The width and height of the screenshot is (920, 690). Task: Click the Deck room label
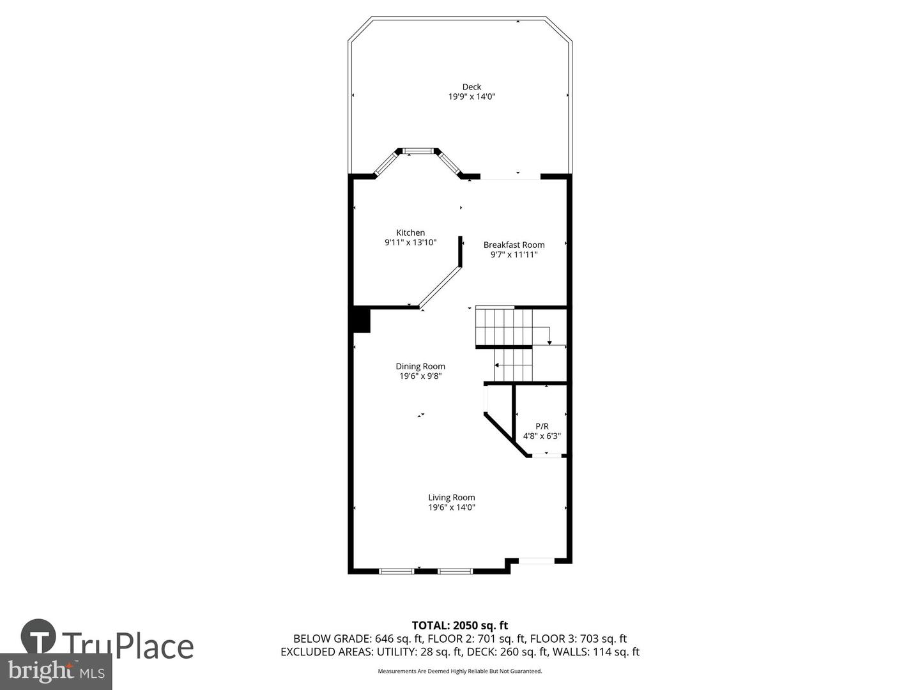coord(471,87)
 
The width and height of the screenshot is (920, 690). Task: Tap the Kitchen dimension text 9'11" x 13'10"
coord(410,243)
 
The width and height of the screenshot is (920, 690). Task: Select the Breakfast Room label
coord(514,245)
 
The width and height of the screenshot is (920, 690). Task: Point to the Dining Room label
coord(420,367)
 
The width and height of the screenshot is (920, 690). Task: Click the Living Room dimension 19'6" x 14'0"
coord(452,508)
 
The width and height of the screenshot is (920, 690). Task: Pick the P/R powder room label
coord(542,426)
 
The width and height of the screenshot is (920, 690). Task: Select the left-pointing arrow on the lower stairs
coord(498,365)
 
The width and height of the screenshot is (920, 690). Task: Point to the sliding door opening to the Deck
coord(510,177)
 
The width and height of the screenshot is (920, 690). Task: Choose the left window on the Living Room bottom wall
coord(397,571)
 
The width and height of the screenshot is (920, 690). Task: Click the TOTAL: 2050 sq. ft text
coord(459,625)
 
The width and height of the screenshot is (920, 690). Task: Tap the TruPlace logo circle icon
coord(38,636)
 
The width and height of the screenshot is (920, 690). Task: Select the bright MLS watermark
coord(56,671)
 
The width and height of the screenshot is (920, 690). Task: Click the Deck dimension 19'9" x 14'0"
coord(471,97)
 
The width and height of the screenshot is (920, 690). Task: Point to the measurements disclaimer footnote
coord(459,671)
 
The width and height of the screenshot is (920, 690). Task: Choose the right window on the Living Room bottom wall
coord(455,571)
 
